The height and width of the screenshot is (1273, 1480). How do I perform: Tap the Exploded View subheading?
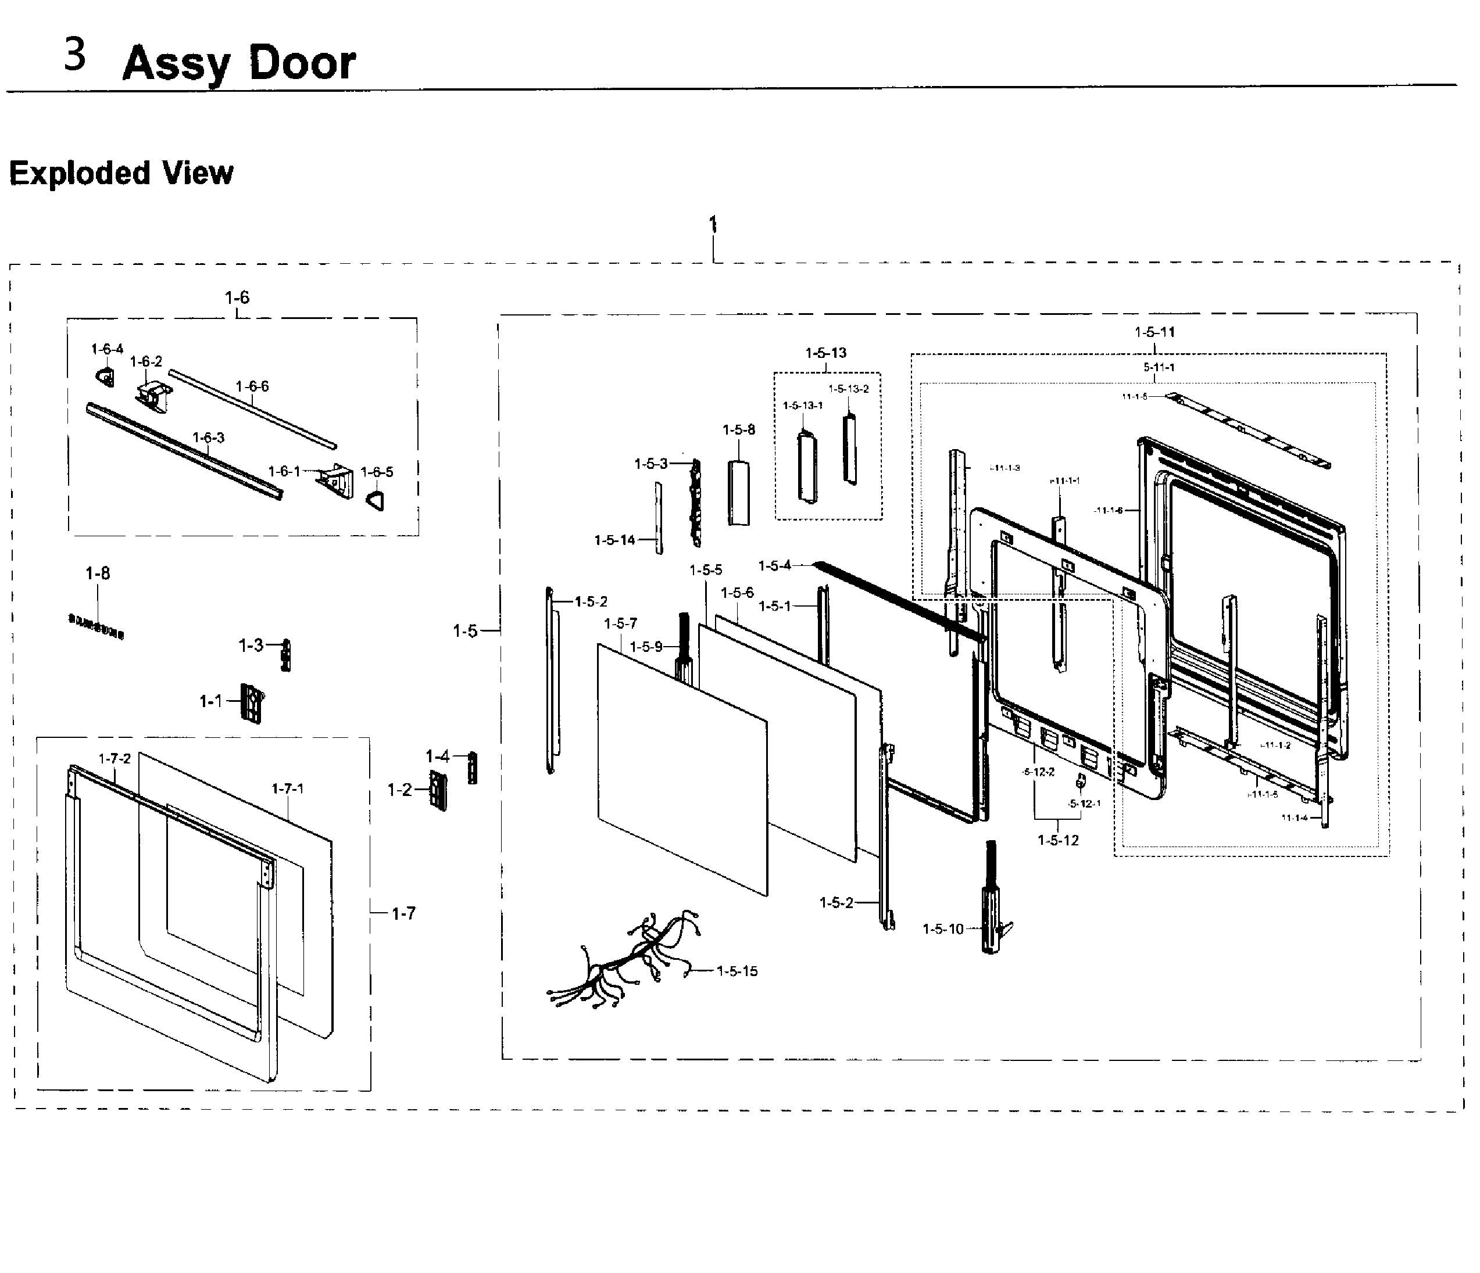(x=121, y=174)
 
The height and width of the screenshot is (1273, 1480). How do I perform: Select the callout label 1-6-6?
(x=252, y=386)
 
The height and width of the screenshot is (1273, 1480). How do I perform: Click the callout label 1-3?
(x=250, y=646)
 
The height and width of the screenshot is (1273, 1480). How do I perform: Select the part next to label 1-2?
(x=438, y=790)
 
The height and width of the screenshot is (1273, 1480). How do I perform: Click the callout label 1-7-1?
(x=288, y=788)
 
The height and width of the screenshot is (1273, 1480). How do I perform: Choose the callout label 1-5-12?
(x=1058, y=840)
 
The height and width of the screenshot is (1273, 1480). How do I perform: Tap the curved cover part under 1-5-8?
(x=739, y=493)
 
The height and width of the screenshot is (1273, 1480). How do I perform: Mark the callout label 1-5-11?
(x=1154, y=332)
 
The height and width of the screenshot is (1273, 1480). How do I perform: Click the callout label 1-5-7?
(x=620, y=623)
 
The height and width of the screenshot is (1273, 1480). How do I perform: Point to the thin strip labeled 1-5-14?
(x=659, y=518)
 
